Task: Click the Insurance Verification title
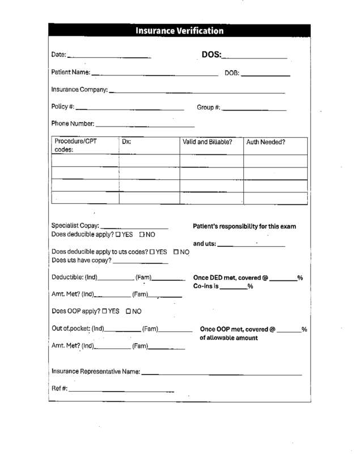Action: pyautogui.click(x=180, y=31)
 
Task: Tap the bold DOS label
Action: pyautogui.click(x=211, y=55)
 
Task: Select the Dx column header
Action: pyautogui.click(x=126, y=142)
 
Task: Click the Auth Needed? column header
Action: pyautogui.click(x=265, y=142)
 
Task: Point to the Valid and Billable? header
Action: pyautogui.click(x=207, y=142)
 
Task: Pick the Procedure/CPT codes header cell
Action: pyautogui.click(x=75, y=145)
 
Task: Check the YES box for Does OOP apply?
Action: pyautogui.click(x=105, y=311)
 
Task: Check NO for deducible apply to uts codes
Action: pyautogui.click(x=177, y=251)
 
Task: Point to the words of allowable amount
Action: pyautogui.click(x=228, y=338)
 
